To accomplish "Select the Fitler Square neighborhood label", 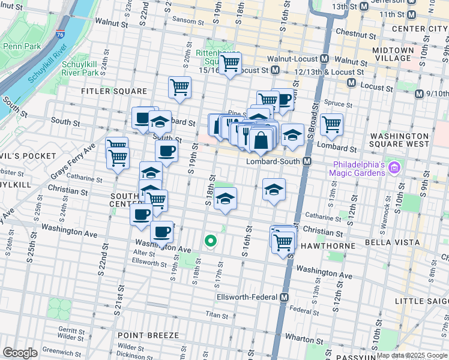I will click(115, 91).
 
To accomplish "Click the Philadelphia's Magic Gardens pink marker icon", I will click(394, 165).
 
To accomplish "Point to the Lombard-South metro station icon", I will click(307, 161).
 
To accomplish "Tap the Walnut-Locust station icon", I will click(324, 59).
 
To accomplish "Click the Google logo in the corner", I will click(19, 353).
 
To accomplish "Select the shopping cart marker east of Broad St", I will click(331, 124).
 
